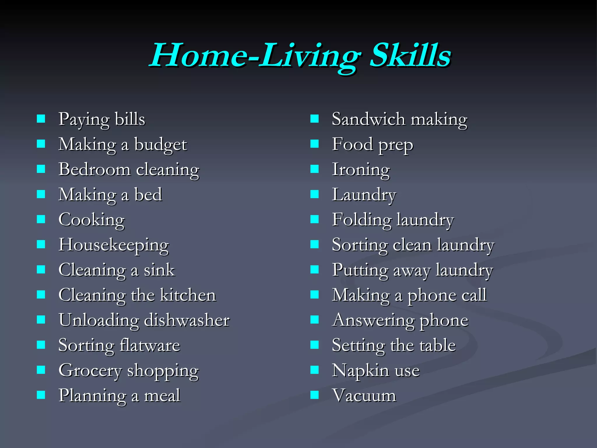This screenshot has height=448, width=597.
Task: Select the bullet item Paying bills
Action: pos(102,119)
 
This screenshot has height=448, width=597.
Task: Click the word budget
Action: pos(160,145)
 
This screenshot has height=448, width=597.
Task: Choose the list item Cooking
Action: pos(92,220)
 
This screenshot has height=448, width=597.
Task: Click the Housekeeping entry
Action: pos(114,245)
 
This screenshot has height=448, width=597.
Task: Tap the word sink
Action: pos(159,270)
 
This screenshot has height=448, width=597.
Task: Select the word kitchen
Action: pos(188,295)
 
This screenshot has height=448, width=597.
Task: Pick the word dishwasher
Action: pos(187,320)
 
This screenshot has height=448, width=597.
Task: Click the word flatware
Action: pos(150,345)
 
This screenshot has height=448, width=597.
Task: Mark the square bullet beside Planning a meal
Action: pos(41,395)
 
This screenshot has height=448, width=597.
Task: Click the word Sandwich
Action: pos(368,119)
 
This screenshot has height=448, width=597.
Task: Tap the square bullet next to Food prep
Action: pos(315,144)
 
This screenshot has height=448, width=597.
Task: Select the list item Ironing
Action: pos(361,170)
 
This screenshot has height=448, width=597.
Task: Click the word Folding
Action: pos(362,220)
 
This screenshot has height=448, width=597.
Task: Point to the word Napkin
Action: pos(360,371)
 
